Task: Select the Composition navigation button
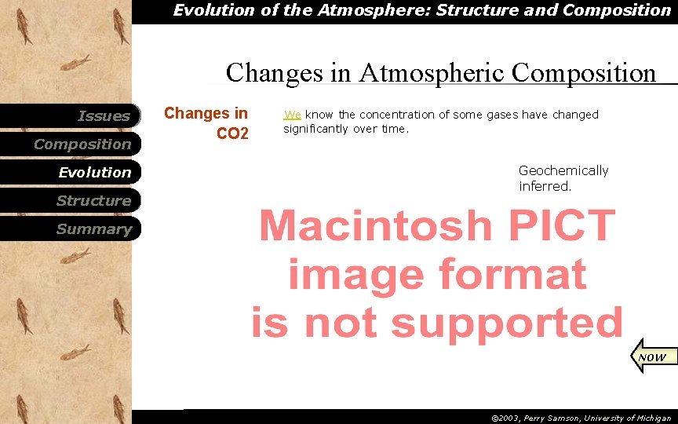point(82,144)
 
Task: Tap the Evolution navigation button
point(94,173)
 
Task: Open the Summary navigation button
point(93,229)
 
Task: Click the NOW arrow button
point(651,356)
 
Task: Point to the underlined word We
point(292,115)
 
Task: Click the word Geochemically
point(563,170)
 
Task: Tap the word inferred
point(545,186)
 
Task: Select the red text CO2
point(232,134)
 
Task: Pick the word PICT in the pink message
point(562,227)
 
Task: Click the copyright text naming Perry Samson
point(581,418)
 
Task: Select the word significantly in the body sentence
point(315,129)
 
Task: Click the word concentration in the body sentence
point(396,115)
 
